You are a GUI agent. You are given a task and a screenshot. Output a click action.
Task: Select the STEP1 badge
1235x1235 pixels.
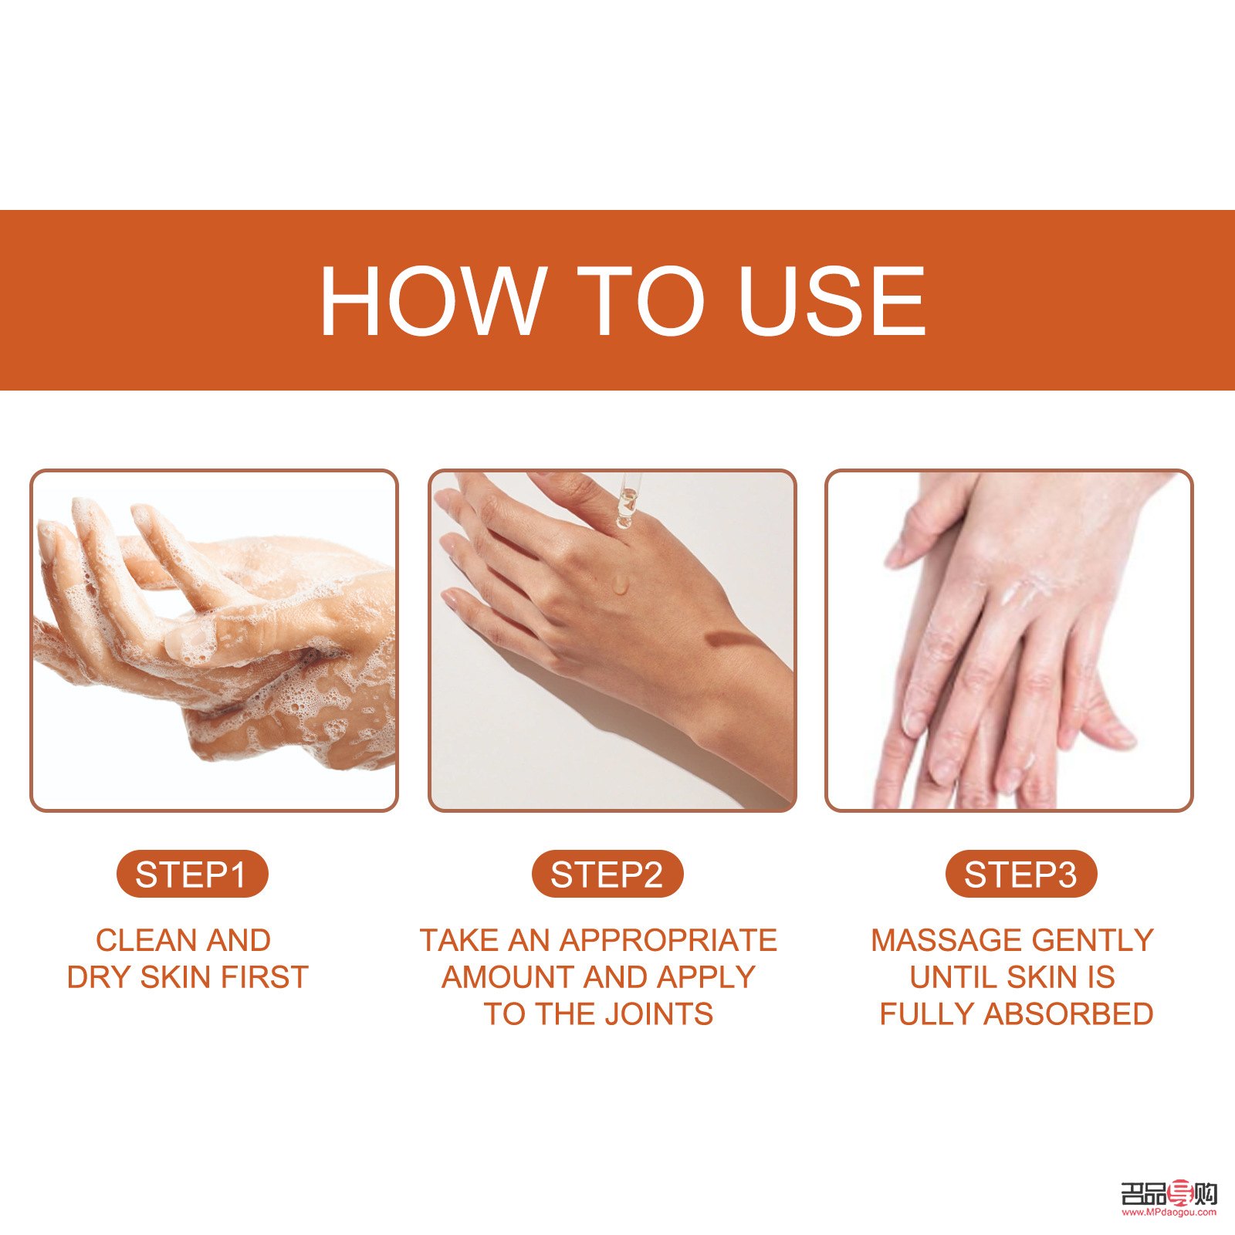point(191,875)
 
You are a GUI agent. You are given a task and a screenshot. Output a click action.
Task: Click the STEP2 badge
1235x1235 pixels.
point(607,875)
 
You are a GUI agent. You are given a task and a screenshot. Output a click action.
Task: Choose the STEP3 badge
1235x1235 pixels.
point(1020,875)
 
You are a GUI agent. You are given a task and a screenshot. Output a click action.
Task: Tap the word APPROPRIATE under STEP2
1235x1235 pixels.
point(668,940)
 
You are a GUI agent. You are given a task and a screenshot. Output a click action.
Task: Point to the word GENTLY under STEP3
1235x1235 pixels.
point(1092,940)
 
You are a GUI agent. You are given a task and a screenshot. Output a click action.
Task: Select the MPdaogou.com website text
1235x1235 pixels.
point(1169,1211)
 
